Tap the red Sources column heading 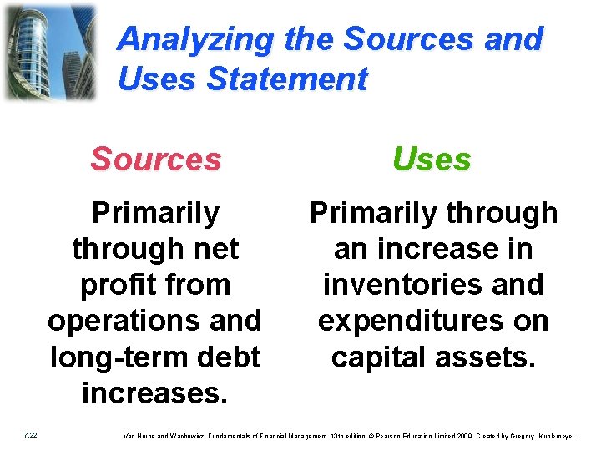click(x=156, y=159)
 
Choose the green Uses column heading click(x=432, y=159)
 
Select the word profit click(x=117, y=285)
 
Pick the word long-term click(x=118, y=357)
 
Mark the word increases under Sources click(x=154, y=393)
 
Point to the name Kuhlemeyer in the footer click(x=564, y=434)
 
